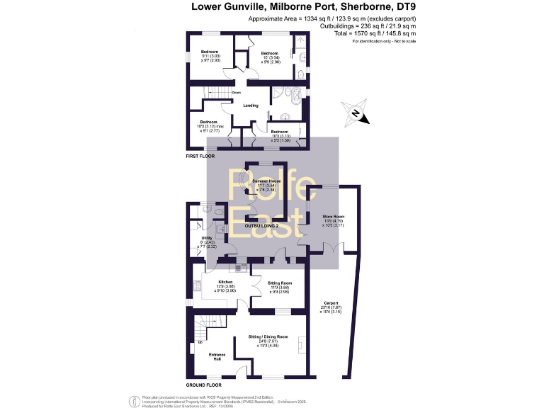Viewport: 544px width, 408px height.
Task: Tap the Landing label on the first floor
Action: click(x=250, y=106)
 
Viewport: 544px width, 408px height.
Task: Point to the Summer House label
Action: click(x=266, y=181)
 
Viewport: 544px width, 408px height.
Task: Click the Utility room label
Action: click(x=208, y=239)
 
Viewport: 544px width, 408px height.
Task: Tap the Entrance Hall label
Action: click(x=217, y=356)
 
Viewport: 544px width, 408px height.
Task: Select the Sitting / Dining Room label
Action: click(x=268, y=336)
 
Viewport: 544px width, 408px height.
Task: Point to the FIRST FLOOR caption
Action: click(x=200, y=155)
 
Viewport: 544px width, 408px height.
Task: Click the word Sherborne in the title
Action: click(x=356, y=7)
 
